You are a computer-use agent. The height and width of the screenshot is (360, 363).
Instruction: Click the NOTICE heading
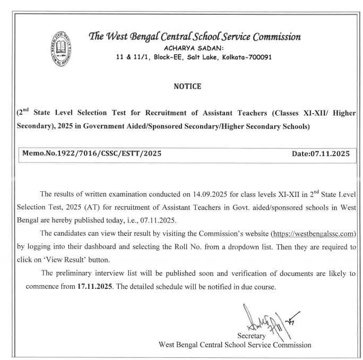pyautogui.click(x=187, y=87)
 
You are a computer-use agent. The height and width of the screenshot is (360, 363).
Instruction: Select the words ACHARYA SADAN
pyautogui.click(x=194, y=48)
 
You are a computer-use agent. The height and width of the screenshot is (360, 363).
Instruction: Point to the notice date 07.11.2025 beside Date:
pyautogui.click(x=331, y=153)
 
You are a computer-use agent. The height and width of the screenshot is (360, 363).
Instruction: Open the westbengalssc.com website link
pyautogui.click(x=313, y=234)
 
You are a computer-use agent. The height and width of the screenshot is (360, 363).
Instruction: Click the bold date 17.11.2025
pyautogui.click(x=91, y=287)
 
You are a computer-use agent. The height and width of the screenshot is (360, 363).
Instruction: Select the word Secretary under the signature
pyautogui.click(x=252, y=336)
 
